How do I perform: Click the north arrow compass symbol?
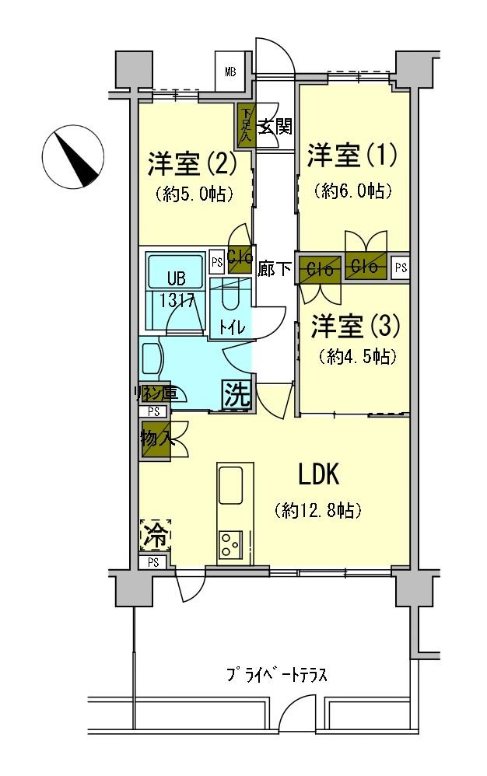[75, 156]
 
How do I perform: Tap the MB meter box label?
[231, 73]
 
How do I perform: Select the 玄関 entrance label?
[275, 126]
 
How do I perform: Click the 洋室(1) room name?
[352, 155]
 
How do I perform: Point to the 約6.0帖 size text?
[352, 191]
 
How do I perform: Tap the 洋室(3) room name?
[355, 327]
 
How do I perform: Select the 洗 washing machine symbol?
[237, 395]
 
